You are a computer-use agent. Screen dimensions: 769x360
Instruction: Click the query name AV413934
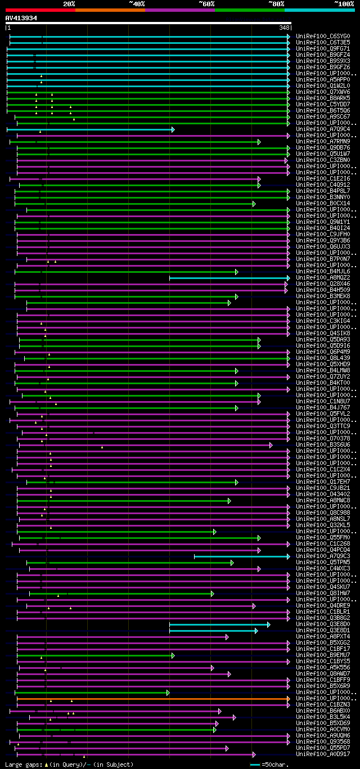[x=21, y=18]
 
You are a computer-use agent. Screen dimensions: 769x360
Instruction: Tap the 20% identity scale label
[x=69, y=4]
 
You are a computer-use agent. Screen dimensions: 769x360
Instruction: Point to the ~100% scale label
[x=344, y=4]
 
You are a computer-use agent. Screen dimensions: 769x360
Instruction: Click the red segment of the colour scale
[x=40, y=10]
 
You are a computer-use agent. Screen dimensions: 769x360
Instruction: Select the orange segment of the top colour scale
[x=110, y=10]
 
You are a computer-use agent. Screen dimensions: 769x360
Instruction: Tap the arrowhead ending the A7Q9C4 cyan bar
[x=173, y=129]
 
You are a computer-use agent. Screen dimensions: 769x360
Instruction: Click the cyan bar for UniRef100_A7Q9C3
[x=241, y=556]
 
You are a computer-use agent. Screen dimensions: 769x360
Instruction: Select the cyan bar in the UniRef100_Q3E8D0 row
[x=219, y=624]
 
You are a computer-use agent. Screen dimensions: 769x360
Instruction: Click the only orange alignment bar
[x=152, y=699]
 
